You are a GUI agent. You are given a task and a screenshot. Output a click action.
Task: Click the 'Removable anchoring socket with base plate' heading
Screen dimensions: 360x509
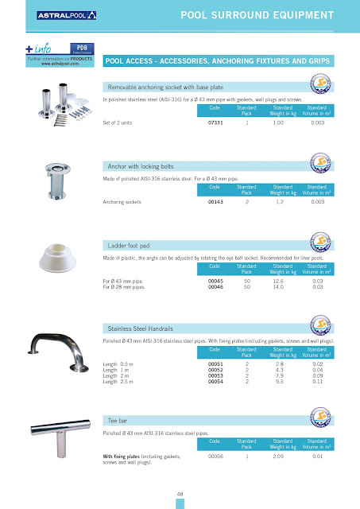168,87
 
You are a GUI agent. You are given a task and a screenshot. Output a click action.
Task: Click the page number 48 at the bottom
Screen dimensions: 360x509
180,493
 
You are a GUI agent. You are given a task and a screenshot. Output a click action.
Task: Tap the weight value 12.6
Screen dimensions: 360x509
279,281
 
